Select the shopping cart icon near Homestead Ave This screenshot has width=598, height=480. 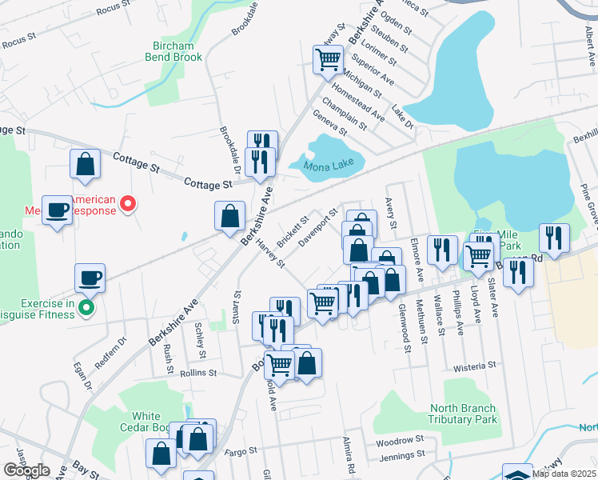328,58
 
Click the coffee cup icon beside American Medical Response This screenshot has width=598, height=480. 57,210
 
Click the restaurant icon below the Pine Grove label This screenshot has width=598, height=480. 554,238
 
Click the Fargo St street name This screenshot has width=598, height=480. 240,452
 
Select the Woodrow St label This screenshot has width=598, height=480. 399,441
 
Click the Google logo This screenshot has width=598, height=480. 27,470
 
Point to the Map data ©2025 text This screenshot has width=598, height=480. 564,474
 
